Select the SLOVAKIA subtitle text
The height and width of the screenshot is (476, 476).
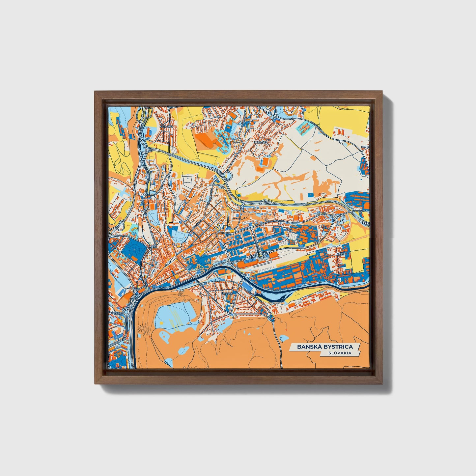point(339,353)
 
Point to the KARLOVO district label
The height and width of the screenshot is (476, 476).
point(166,126)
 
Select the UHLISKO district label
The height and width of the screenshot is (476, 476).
point(227,293)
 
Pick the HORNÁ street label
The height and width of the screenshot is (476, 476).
point(226,233)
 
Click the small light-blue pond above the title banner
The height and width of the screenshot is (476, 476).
point(283,339)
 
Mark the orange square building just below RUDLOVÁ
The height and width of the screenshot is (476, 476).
point(266,161)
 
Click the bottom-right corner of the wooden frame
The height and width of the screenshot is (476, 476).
point(382,383)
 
